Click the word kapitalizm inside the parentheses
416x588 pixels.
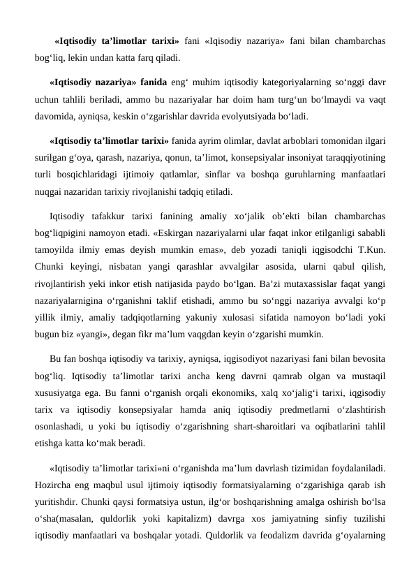pyautogui.click(x=198, y=518)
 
